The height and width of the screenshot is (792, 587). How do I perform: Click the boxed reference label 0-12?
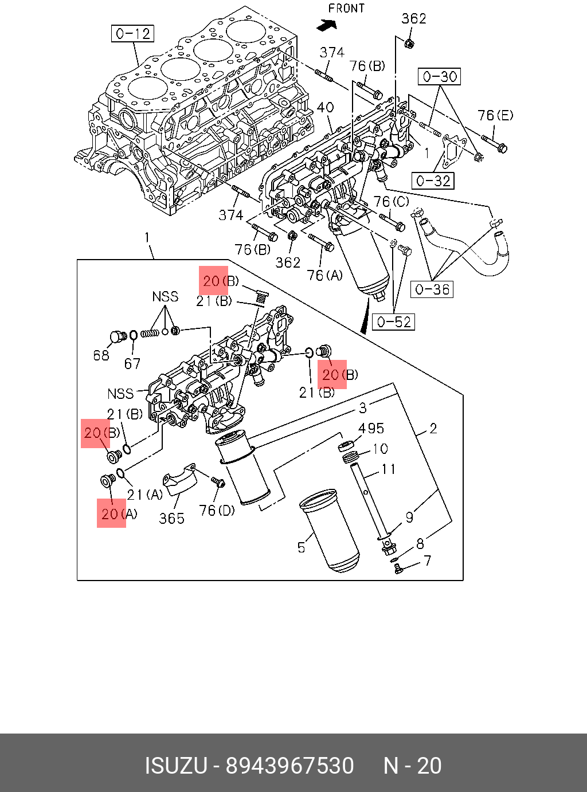point(133,34)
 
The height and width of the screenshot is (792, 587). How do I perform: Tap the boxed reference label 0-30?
point(440,76)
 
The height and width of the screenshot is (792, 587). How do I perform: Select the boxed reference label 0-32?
point(433,181)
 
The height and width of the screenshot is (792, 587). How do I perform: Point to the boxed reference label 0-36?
point(432,289)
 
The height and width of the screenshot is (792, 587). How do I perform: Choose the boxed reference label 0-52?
point(394,322)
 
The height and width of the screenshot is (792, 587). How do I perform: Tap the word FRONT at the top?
point(346,9)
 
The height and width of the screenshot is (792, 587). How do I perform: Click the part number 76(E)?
point(495,116)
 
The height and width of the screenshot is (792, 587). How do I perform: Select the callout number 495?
point(371,429)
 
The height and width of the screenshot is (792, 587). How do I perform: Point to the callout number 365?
point(171,518)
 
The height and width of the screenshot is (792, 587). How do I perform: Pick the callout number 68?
point(101,355)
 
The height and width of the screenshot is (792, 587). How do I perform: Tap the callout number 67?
point(132,363)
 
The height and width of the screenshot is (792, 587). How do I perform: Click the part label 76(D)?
point(217,509)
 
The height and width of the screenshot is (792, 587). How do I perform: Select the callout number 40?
point(325,107)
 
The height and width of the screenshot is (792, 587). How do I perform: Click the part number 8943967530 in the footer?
point(289,766)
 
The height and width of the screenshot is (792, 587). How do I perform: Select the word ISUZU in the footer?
point(175,766)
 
